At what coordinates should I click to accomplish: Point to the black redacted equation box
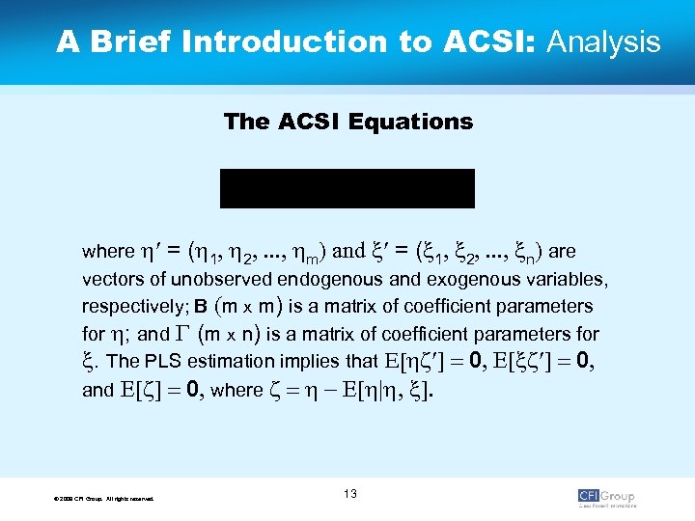[x=347, y=188]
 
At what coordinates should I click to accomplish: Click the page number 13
[x=349, y=494]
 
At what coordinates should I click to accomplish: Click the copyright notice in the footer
[x=106, y=498]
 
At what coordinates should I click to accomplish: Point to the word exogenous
[x=474, y=281]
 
